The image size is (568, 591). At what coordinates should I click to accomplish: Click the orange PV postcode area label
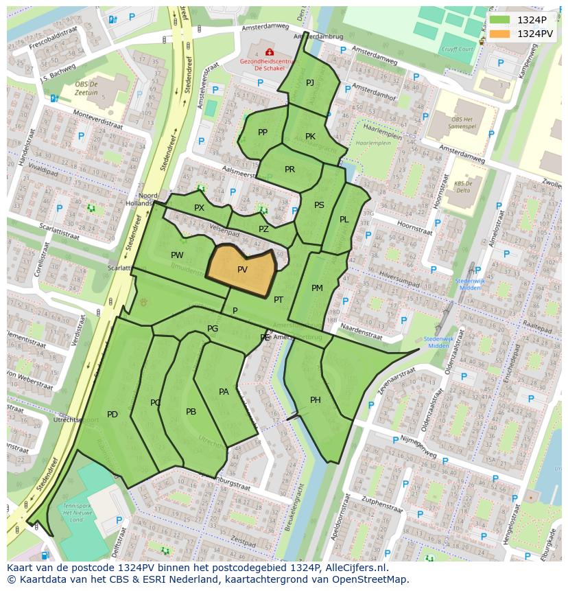(242, 270)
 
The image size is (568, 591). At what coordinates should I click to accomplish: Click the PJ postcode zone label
(310, 83)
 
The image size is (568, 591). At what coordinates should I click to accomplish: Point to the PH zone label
(316, 400)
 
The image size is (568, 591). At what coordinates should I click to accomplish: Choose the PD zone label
(113, 414)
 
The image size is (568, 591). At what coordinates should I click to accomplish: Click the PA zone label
(224, 392)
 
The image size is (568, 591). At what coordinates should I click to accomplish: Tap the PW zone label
(177, 255)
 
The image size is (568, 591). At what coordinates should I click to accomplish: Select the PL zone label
(344, 220)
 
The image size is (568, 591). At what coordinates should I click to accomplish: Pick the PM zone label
(317, 288)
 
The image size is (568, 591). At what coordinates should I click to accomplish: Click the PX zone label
(199, 207)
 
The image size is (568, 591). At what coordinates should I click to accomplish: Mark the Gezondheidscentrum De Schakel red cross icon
(269, 52)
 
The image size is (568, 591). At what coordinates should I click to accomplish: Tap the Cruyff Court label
(457, 49)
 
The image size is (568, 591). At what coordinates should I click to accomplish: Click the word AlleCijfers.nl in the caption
(355, 568)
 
